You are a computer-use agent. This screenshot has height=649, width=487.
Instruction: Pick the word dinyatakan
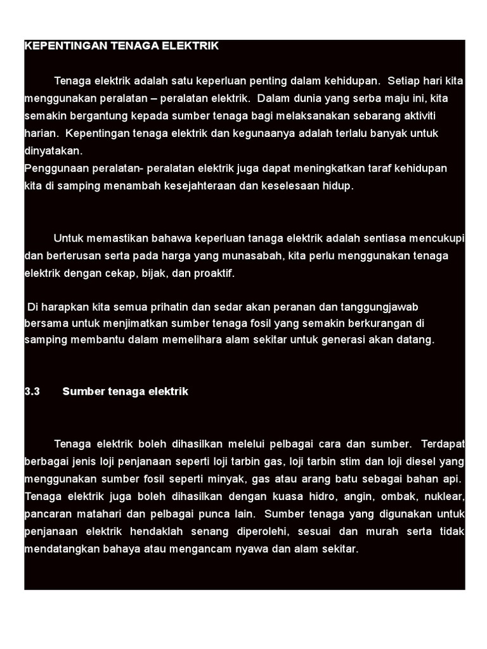click(x=53, y=151)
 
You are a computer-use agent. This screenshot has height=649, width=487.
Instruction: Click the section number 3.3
click(x=32, y=391)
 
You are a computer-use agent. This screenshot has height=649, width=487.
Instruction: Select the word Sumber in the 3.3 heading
click(x=81, y=391)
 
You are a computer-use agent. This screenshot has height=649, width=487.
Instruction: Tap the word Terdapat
click(x=442, y=443)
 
